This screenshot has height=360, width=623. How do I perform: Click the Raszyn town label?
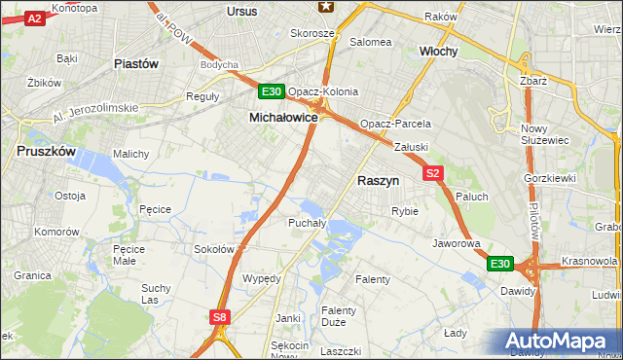(379, 180)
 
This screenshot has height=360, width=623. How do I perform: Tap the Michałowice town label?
(283, 117)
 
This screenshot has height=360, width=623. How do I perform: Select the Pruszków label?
(46, 152)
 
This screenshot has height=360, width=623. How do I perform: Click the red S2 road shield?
(434, 173)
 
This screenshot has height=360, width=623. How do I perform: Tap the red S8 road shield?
(220, 316)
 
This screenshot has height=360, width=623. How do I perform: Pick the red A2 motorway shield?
(34, 18)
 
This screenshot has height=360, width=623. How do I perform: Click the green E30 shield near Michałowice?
(272, 92)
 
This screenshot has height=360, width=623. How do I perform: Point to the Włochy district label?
(438, 51)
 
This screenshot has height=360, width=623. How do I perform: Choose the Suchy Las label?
(156, 294)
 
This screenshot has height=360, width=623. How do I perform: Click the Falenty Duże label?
(339, 317)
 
